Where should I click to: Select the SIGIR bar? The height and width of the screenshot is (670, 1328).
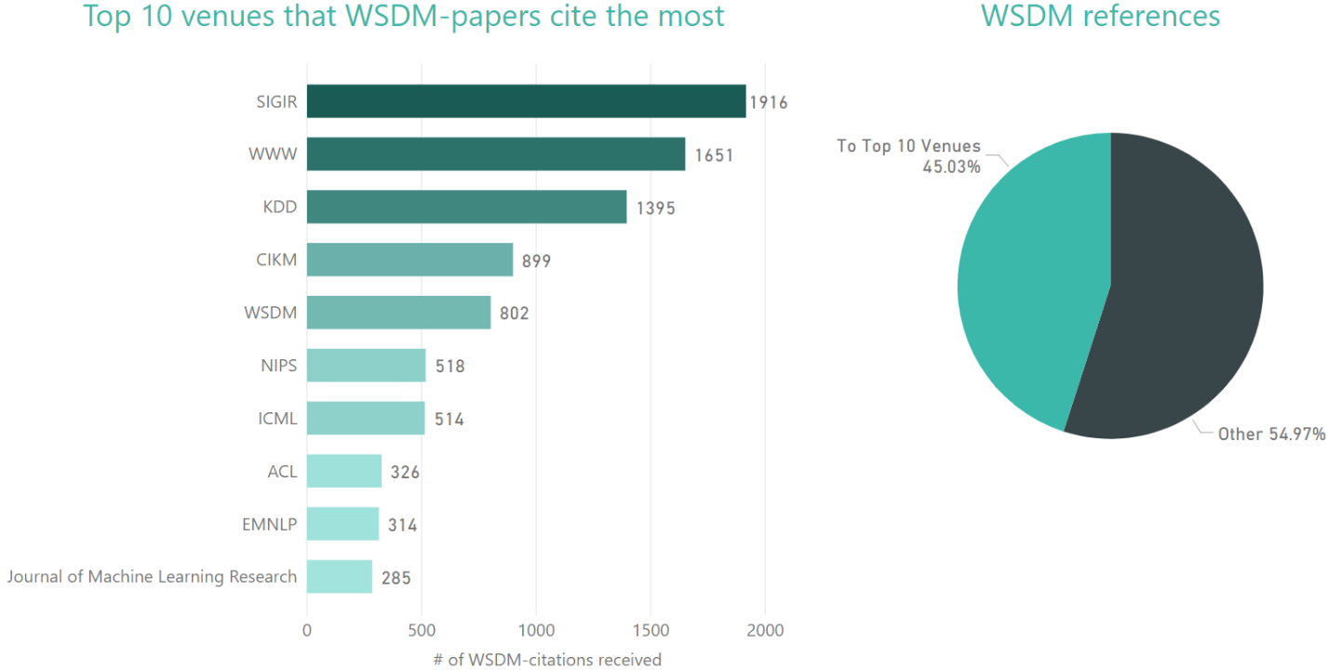coord(526,101)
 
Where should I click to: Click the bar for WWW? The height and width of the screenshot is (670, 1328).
coord(495,154)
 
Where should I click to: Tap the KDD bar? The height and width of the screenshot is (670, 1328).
coord(466,208)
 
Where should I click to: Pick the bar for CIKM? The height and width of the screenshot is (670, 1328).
coord(409,261)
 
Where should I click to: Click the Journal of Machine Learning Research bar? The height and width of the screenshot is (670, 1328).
coord(339,577)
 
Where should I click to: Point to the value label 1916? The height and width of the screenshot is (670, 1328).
coord(769,102)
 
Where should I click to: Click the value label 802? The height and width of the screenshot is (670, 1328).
coord(513,314)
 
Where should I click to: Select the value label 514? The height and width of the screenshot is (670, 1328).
coord(449,420)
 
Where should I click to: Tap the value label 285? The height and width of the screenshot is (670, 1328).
coord(395,578)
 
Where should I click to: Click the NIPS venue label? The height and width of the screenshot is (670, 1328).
coord(278,366)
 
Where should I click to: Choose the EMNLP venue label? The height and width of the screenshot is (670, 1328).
coord(269,525)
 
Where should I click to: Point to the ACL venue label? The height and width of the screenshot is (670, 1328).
coord(282,472)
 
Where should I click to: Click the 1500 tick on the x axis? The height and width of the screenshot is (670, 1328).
coord(650,631)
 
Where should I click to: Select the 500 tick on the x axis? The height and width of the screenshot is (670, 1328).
coord(421,631)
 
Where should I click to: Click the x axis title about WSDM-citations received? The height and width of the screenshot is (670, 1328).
coord(547,660)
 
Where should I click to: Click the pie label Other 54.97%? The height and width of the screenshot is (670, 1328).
coord(1271,435)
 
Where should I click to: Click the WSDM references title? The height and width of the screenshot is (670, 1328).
coord(1100,16)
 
